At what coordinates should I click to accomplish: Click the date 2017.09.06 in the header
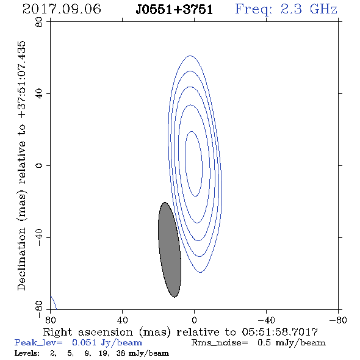(62, 9)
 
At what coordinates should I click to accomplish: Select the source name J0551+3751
(175, 10)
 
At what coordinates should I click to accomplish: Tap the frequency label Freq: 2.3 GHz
(286, 9)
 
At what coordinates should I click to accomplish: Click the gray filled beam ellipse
(170, 250)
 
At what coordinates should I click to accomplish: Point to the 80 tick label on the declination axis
(39, 22)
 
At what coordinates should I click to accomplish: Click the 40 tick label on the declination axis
(39, 94)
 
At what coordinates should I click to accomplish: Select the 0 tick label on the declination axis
(39, 165)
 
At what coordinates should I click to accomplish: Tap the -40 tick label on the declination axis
(39, 237)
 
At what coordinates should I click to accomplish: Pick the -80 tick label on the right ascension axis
(337, 320)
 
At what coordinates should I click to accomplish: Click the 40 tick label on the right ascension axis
(122, 320)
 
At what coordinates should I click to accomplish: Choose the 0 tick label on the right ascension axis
(194, 320)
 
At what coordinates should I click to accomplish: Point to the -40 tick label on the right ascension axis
(266, 320)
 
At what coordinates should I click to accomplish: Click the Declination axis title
(21, 165)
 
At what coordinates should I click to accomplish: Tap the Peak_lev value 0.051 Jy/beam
(107, 342)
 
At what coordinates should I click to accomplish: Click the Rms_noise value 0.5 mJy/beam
(292, 342)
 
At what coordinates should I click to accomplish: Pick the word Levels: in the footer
(27, 353)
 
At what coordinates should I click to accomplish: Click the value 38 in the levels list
(121, 353)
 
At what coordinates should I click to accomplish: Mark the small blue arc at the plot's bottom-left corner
(54, 303)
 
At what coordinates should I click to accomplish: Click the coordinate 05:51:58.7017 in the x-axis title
(279, 332)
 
